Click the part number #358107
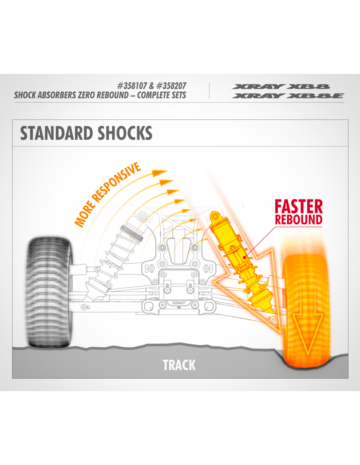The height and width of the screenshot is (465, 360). [132, 86]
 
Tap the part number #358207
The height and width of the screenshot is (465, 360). [171, 86]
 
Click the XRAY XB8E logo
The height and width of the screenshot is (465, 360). [288, 96]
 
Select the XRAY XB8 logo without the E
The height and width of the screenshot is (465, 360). [281, 87]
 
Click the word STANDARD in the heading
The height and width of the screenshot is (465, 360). [56, 133]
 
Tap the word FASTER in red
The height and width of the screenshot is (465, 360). [298, 207]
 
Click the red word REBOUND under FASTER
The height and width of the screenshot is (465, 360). [298, 220]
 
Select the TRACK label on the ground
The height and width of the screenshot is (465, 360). [179, 365]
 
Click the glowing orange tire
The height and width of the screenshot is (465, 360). [306, 311]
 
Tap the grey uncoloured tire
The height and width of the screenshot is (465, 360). [49, 291]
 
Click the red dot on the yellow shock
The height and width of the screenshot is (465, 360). [244, 257]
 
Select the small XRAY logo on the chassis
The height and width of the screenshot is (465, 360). [179, 303]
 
